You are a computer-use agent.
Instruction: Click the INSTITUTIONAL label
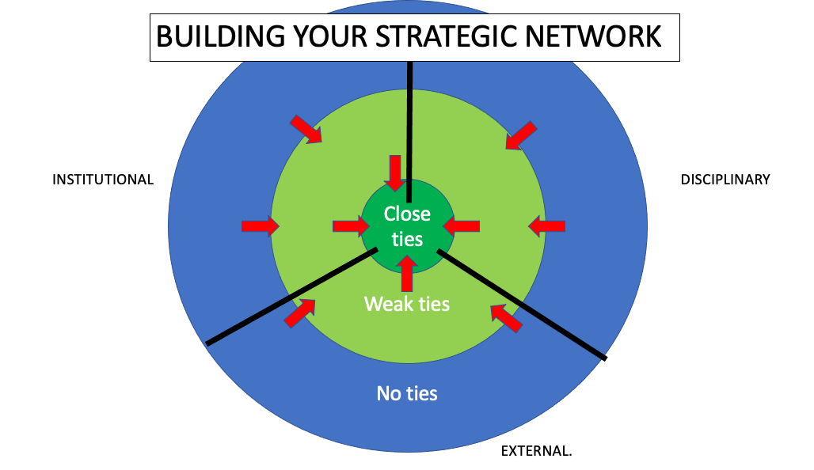103,180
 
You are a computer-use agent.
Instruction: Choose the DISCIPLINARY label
725,180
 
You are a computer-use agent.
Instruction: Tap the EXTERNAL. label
536,452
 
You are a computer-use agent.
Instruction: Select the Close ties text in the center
407,226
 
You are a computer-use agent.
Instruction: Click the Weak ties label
407,304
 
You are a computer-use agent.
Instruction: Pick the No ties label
407,393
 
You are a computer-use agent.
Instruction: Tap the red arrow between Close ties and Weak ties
407,274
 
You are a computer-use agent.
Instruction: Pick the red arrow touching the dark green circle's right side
462,226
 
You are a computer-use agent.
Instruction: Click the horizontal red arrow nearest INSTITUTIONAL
260,226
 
